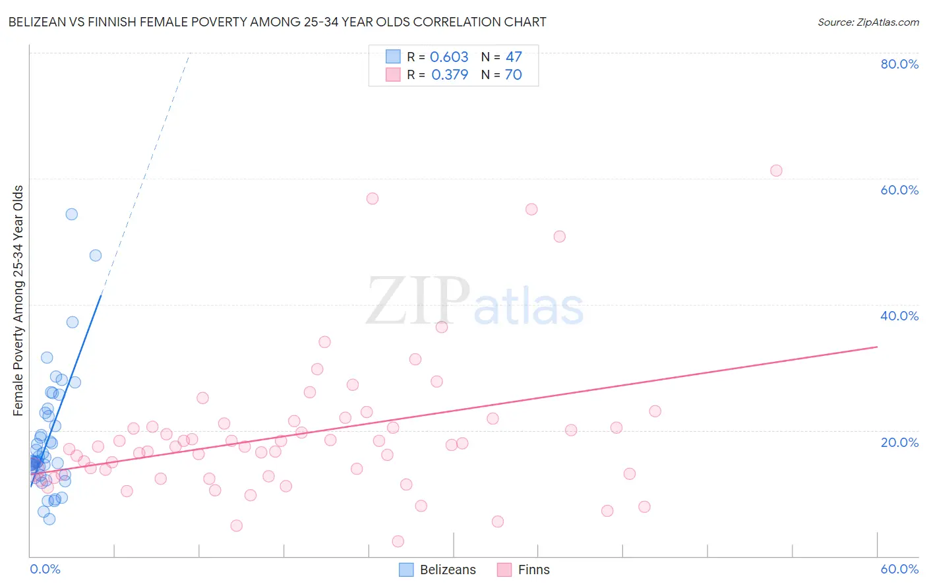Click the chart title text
pyautogui.click(x=277, y=22)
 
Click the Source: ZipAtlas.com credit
pyautogui.click(x=868, y=22)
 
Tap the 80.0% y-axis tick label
pyautogui.click(x=899, y=64)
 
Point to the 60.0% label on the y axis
pyautogui.click(x=899, y=190)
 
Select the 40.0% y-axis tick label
pyautogui.click(x=899, y=316)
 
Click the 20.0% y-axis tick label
pyautogui.click(x=899, y=442)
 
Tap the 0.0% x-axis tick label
pyautogui.click(x=45, y=569)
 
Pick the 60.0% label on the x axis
pyautogui.click(x=899, y=569)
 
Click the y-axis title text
pyautogui.click(x=18, y=301)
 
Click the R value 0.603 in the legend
pyautogui.click(x=449, y=57)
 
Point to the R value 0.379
pyautogui.click(x=450, y=74)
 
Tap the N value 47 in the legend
pyautogui.click(x=514, y=57)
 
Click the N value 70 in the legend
pyautogui.click(x=513, y=74)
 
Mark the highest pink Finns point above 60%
pyautogui.click(x=776, y=171)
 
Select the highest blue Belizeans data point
pyautogui.click(x=72, y=214)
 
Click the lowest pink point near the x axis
pyautogui.click(x=398, y=541)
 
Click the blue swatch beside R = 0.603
pyautogui.click(x=393, y=57)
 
